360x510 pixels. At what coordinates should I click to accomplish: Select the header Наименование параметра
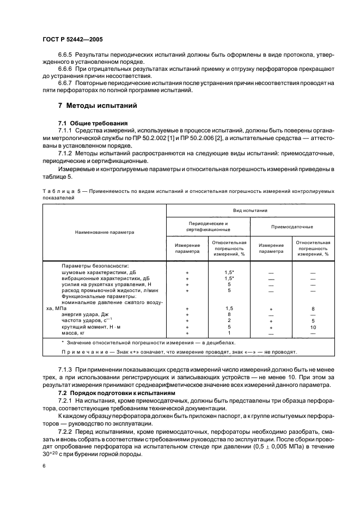click(103, 232)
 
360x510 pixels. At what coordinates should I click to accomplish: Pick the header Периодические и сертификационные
click(208, 227)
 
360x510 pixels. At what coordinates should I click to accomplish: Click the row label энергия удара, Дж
click(86, 314)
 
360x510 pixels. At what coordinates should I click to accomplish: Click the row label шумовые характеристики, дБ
click(99, 272)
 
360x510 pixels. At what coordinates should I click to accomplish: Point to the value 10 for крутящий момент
click(313, 327)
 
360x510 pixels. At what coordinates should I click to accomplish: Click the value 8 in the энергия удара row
click(229, 314)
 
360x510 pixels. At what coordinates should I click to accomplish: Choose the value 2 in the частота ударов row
click(229, 320)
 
